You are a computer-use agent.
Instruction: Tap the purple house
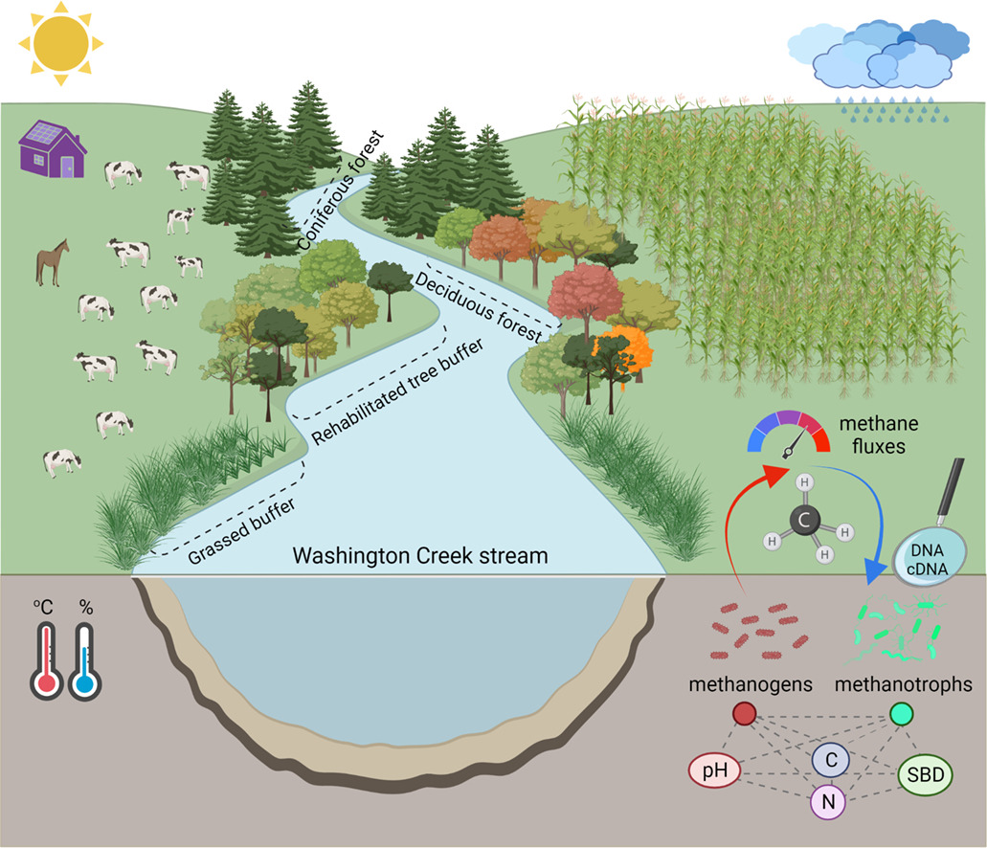pos(54,152)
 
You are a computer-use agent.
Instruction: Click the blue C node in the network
pos(829,759)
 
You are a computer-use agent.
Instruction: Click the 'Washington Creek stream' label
pos(420,556)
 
